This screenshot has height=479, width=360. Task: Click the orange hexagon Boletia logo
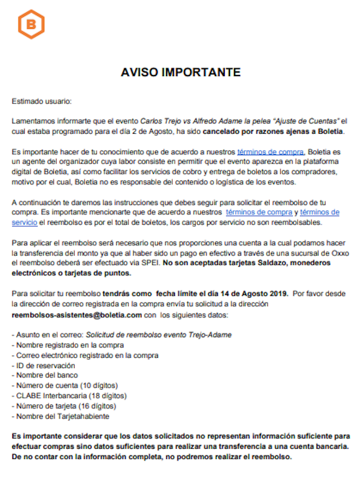31,24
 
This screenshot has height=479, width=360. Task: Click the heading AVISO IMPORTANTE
180,72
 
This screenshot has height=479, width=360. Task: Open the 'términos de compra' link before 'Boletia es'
271,152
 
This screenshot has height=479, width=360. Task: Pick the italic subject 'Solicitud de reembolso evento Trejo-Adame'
159,335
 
